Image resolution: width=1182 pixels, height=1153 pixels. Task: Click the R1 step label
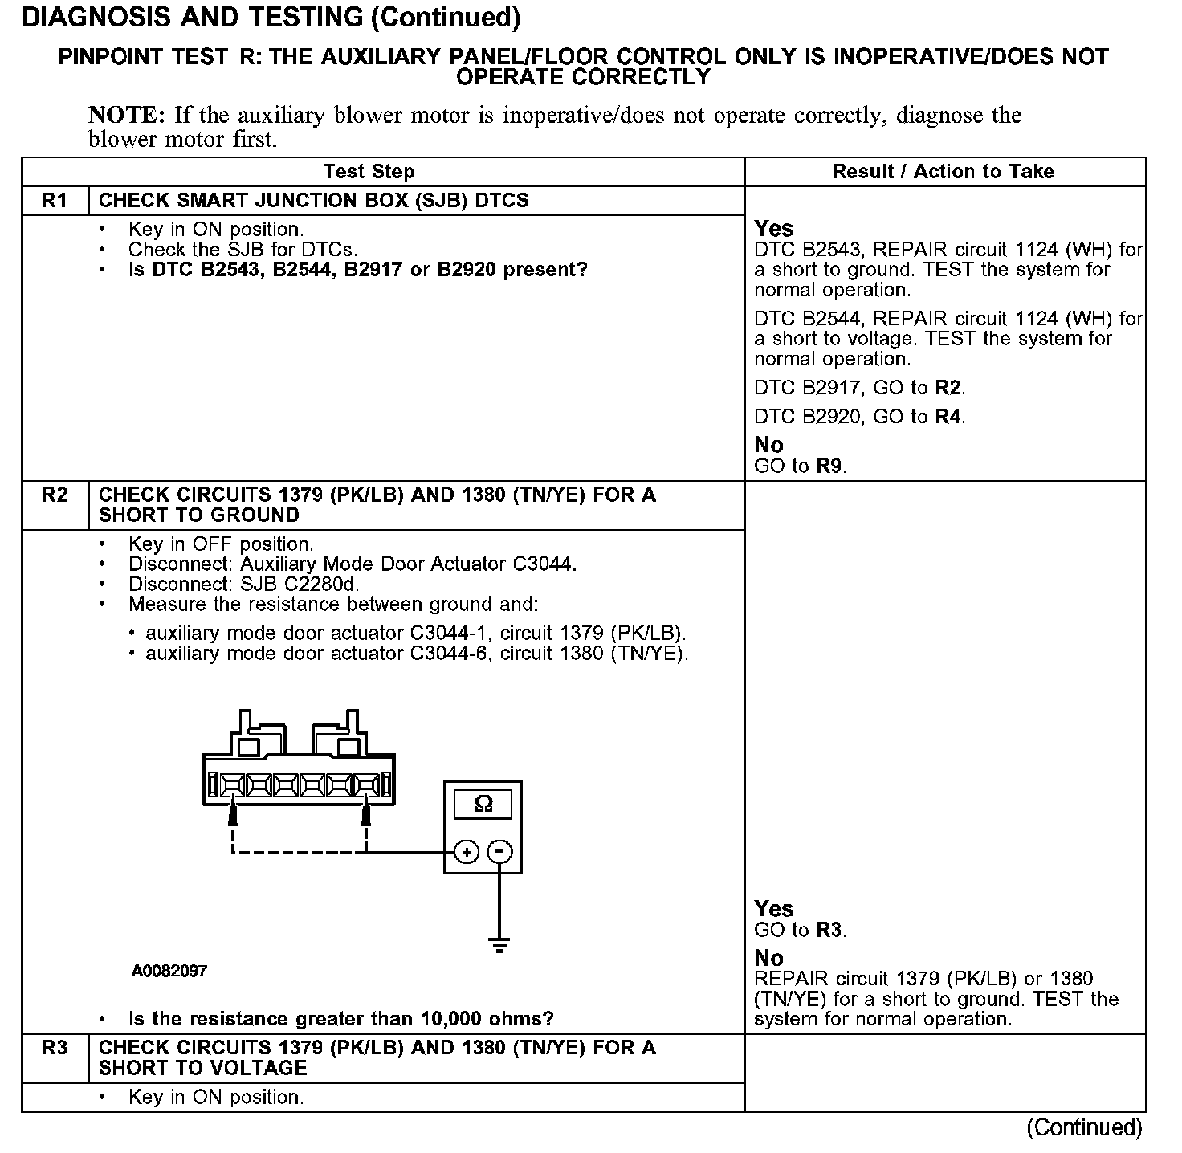pyautogui.click(x=55, y=200)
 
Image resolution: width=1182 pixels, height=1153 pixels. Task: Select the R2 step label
pyautogui.click(x=55, y=495)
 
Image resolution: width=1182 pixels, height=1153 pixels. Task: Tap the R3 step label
pyautogui.click(x=55, y=1048)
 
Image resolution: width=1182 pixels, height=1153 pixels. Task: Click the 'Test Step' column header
pyautogui.click(x=369, y=172)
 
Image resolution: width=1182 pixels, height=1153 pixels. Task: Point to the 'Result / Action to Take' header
pyautogui.click(x=943, y=172)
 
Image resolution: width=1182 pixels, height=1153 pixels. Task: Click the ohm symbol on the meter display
pyautogui.click(x=483, y=804)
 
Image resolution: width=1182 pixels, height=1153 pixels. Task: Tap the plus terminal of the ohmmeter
pyautogui.click(x=467, y=852)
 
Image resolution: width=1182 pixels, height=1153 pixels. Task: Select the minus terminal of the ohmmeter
pyautogui.click(x=500, y=852)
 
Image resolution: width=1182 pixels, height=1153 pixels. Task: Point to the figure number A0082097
pyautogui.click(x=169, y=971)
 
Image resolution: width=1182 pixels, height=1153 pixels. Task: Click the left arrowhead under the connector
pyautogui.click(x=233, y=813)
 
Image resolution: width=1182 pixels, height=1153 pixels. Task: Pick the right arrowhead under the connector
pyautogui.click(x=366, y=813)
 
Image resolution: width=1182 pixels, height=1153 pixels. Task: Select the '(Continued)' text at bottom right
pyautogui.click(x=1084, y=1127)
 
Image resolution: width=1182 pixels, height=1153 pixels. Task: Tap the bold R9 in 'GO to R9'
pyautogui.click(x=830, y=466)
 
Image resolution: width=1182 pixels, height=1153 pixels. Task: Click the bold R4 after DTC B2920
pyautogui.click(x=948, y=417)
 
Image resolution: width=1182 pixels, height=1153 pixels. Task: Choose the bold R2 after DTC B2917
pyautogui.click(x=948, y=389)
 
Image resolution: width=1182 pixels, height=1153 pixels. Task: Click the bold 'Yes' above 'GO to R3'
pyautogui.click(x=774, y=909)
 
